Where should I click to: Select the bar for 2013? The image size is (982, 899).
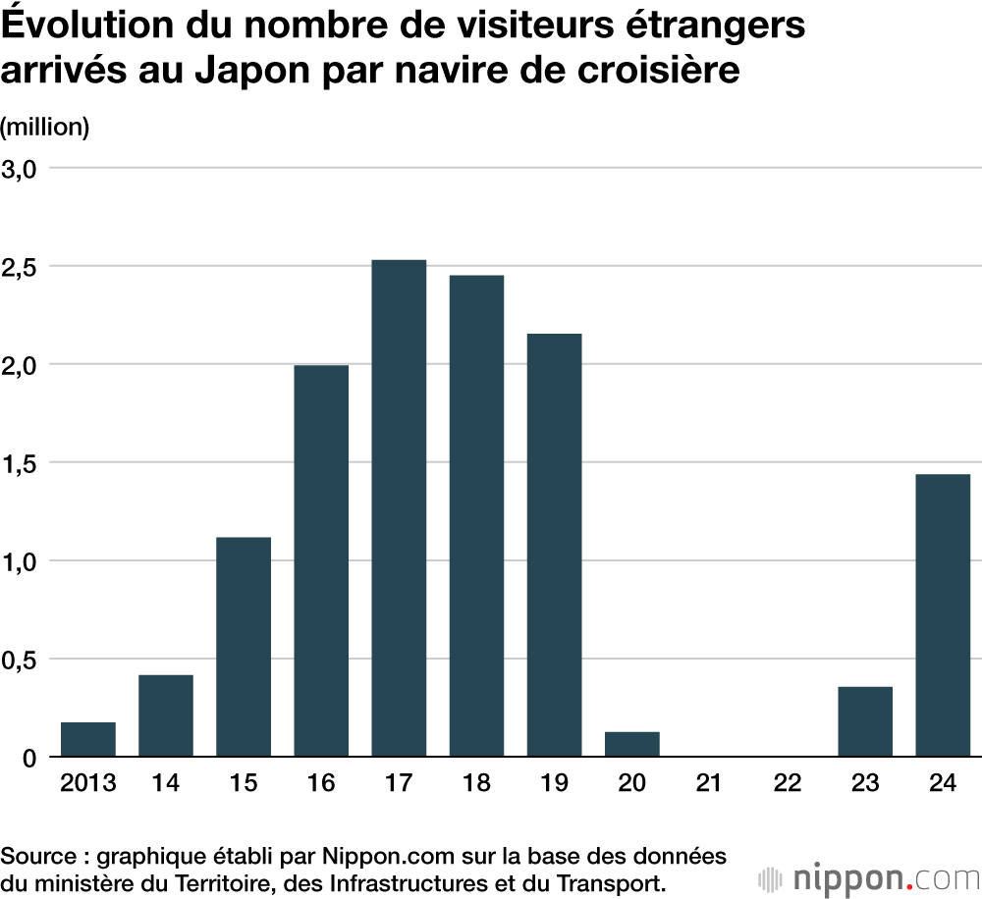pyautogui.click(x=88, y=739)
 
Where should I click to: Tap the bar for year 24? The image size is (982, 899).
pyautogui.click(x=943, y=615)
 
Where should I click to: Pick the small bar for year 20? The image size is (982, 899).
pyautogui.click(x=631, y=744)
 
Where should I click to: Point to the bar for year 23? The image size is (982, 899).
pyautogui.click(x=865, y=721)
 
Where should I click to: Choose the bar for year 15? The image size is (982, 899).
pyautogui.click(x=244, y=647)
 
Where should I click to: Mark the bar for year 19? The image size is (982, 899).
pyautogui.click(x=554, y=545)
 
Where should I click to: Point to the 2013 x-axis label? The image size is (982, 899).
pyautogui.click(x=88, y=783)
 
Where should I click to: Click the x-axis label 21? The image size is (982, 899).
pyautogui.click(x=709, y=783)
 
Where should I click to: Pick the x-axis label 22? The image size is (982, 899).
pyautogui.click(x=787, y=783)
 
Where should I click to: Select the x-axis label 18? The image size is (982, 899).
pyautogui.click(x=476, y=783)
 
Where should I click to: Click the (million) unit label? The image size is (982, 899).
pyautogui.click(x=45, y=128)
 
